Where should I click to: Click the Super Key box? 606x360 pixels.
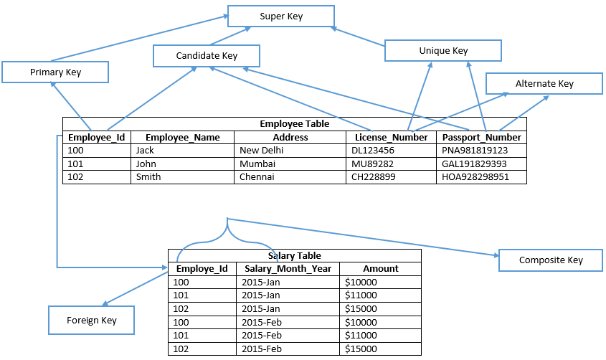[x=280, y=16]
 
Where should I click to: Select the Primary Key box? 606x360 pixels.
[x=55, y=72]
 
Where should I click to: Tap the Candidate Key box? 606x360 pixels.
[x=207, y=56]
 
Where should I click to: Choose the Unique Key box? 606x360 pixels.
[x=443, y=51]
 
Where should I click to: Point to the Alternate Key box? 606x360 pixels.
[x=544, y=83]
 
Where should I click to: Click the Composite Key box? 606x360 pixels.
[x=550, y=260]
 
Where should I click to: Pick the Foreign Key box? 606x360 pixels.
[x=91, y=320]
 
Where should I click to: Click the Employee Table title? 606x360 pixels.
[x=294, y=123]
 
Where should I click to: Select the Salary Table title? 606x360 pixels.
[x=294, y=255]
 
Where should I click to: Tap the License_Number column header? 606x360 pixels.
[x=392, y=137]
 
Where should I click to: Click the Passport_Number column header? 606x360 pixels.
[x=481, y=137]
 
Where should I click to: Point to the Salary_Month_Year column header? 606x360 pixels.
[x=288, y=269]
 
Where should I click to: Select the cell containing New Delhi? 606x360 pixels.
[x=262, y=151]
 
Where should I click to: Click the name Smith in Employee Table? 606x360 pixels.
[x=148, y=177]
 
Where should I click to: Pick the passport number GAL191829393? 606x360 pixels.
[x=474, y=164]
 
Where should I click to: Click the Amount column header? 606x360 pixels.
[x=380, y=269]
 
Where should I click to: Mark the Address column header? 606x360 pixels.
[x=290, y=137]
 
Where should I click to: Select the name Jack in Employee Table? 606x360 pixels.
[x=145, y=151]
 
